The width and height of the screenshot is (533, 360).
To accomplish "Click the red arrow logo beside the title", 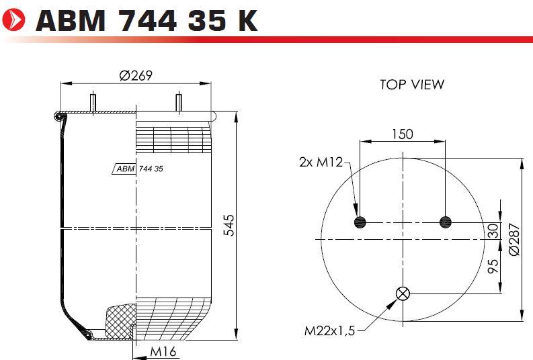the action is tap(13, 20).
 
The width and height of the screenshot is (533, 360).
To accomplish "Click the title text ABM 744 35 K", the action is tap(147, 20).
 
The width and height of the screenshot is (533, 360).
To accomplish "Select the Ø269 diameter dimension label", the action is tap(136, 75).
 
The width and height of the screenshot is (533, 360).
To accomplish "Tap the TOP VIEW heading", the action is tap(412, 85).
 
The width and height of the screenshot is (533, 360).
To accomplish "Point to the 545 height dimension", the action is tap(229, 225).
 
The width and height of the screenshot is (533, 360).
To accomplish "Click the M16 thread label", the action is tap(163, 351).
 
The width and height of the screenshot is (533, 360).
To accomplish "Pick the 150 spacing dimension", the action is tap(403, 134).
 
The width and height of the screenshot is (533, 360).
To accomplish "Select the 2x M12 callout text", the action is tap(321, 162).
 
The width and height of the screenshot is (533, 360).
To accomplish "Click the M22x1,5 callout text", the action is tap(329, 330).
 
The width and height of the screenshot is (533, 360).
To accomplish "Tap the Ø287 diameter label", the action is tap(515, 239).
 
